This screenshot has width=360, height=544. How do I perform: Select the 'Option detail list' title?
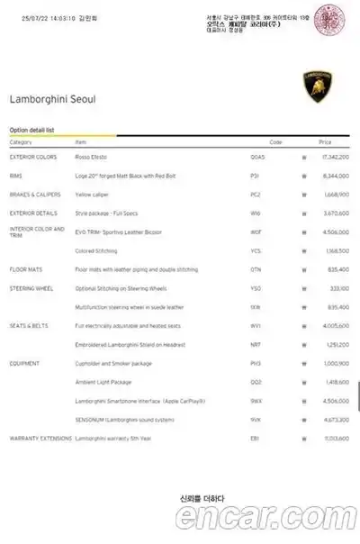[32, 130]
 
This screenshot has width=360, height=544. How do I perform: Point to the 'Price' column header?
[325, 142]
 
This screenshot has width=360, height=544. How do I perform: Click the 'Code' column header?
[275, 142]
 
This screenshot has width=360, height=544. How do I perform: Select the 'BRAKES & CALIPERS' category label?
[35, 194]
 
